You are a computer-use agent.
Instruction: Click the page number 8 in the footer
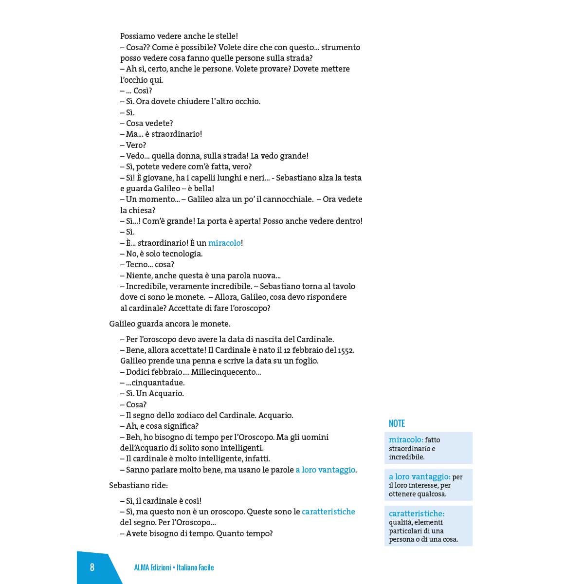[x=92, y=567]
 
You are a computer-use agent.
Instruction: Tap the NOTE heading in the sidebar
[x=397, y=423]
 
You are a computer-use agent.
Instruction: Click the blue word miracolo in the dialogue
[x=224, y=243]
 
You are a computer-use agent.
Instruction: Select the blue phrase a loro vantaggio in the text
[x=326, y=470]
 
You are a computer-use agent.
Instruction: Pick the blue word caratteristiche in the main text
[x=328, y=511]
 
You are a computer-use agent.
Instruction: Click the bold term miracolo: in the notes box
[x=406, y=440]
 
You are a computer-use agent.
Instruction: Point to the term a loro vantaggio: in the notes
[x=420, y=477]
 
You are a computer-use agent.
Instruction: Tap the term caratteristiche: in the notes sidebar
[x=417, y=513]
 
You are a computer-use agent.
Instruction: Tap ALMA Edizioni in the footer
[x=152, y=567]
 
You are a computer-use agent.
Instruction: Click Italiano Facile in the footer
[x=195, y=567]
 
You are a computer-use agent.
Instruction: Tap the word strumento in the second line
[x=341, y=47]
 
